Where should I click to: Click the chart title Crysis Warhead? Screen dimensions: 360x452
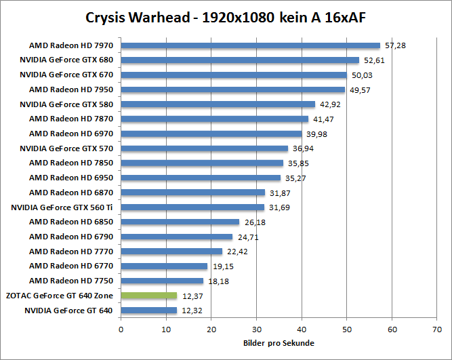(226, 18)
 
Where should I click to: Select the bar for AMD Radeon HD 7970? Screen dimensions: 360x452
(250, 45)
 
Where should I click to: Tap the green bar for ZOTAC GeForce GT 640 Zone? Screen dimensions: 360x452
(148, 296)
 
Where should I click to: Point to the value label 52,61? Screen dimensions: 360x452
(374, 60)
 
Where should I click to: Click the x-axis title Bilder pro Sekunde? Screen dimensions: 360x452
(279, 342)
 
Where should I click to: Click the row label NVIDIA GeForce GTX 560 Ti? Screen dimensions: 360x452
(62, 207)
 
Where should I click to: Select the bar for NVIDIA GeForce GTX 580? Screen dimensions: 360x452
(218, 104)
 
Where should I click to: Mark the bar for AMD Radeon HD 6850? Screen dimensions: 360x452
(180, 222)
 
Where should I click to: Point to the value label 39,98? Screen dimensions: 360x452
(316, 134)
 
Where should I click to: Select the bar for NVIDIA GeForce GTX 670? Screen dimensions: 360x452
(234, 75)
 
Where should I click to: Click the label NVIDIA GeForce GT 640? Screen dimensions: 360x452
(68, 310)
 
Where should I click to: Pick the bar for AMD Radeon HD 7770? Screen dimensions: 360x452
(171, 251)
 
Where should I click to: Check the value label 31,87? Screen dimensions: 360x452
(280, 193)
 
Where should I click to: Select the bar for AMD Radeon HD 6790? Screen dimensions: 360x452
(176, 237)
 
